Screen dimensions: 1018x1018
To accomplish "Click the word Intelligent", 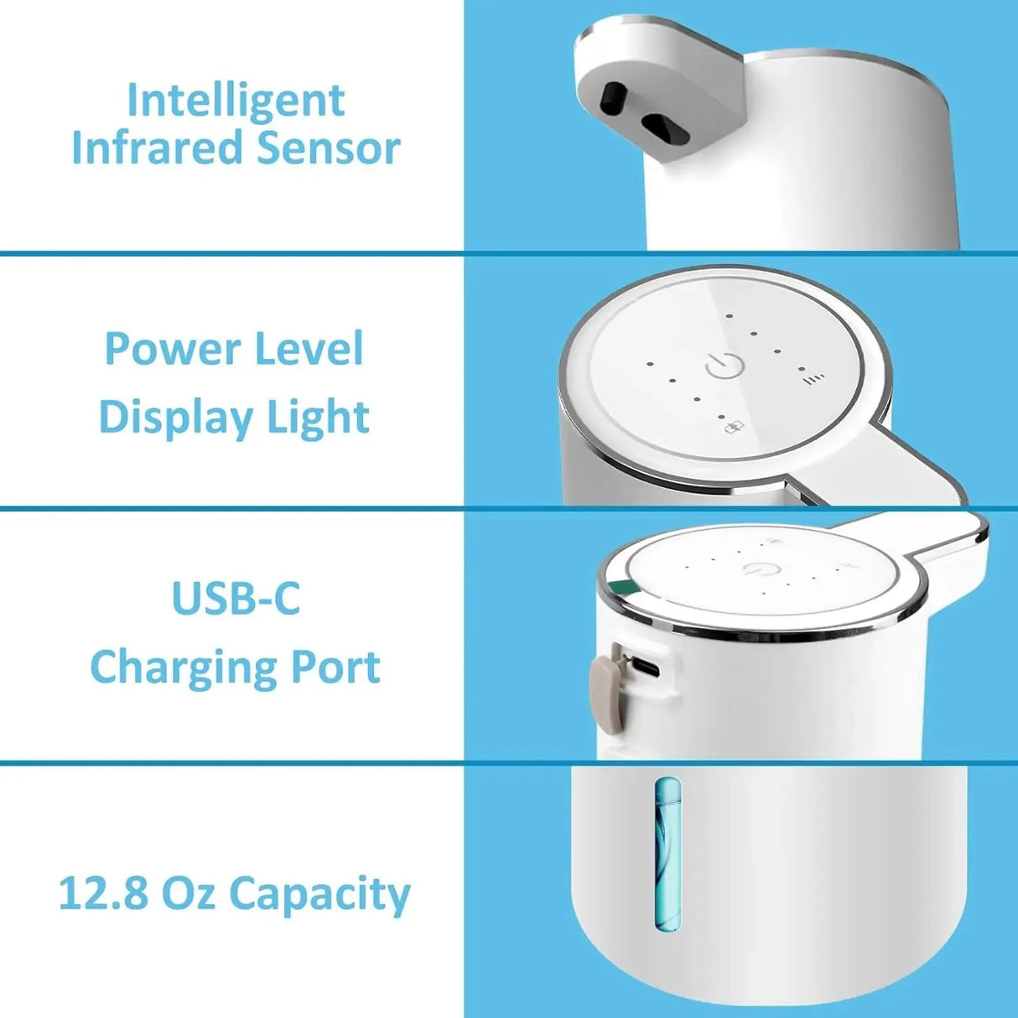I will (236, 102).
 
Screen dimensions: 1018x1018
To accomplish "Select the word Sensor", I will (329, 148).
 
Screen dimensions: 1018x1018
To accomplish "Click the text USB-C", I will (236, 598).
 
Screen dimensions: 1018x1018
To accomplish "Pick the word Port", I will (335, 667).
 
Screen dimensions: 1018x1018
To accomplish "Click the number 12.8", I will (102, 894).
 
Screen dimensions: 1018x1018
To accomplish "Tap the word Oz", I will (190, 894).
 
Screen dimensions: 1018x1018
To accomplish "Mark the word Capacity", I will (319, 895).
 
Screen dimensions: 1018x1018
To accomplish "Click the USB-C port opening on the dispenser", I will (646, 668).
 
